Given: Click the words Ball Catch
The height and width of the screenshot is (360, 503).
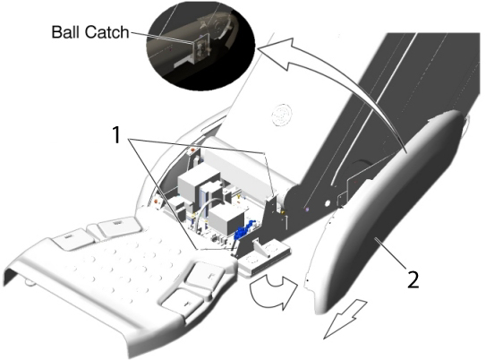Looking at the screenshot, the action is tap(90, 32).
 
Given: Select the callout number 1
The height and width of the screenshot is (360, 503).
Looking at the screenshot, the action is tap(116, 134).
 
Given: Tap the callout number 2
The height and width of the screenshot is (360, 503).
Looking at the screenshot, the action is tap(413, 279).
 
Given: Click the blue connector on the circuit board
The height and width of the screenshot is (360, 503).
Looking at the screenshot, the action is tap(243, 230).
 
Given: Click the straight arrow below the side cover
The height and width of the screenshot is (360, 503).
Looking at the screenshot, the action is tap(345, 318).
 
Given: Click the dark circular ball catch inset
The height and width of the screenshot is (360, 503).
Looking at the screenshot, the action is tap(200, 47).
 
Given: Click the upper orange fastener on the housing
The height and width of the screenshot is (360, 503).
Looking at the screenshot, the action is tap(192, 149).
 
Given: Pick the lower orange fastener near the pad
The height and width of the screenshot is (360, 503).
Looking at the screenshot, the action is tap(157, 201).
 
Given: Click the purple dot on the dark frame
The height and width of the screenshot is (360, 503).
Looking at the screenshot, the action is tap(307, 210).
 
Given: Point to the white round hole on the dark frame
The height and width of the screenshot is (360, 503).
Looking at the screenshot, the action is tap(328, 203).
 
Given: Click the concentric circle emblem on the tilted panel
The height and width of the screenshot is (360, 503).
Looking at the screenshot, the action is tap(282, 115).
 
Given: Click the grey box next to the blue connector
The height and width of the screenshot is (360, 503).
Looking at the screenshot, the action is tap(226, 219).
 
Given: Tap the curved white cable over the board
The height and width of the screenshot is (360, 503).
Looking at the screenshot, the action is tap(206, 210).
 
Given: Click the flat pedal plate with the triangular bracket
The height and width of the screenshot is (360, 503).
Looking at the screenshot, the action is tap(265, 256).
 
